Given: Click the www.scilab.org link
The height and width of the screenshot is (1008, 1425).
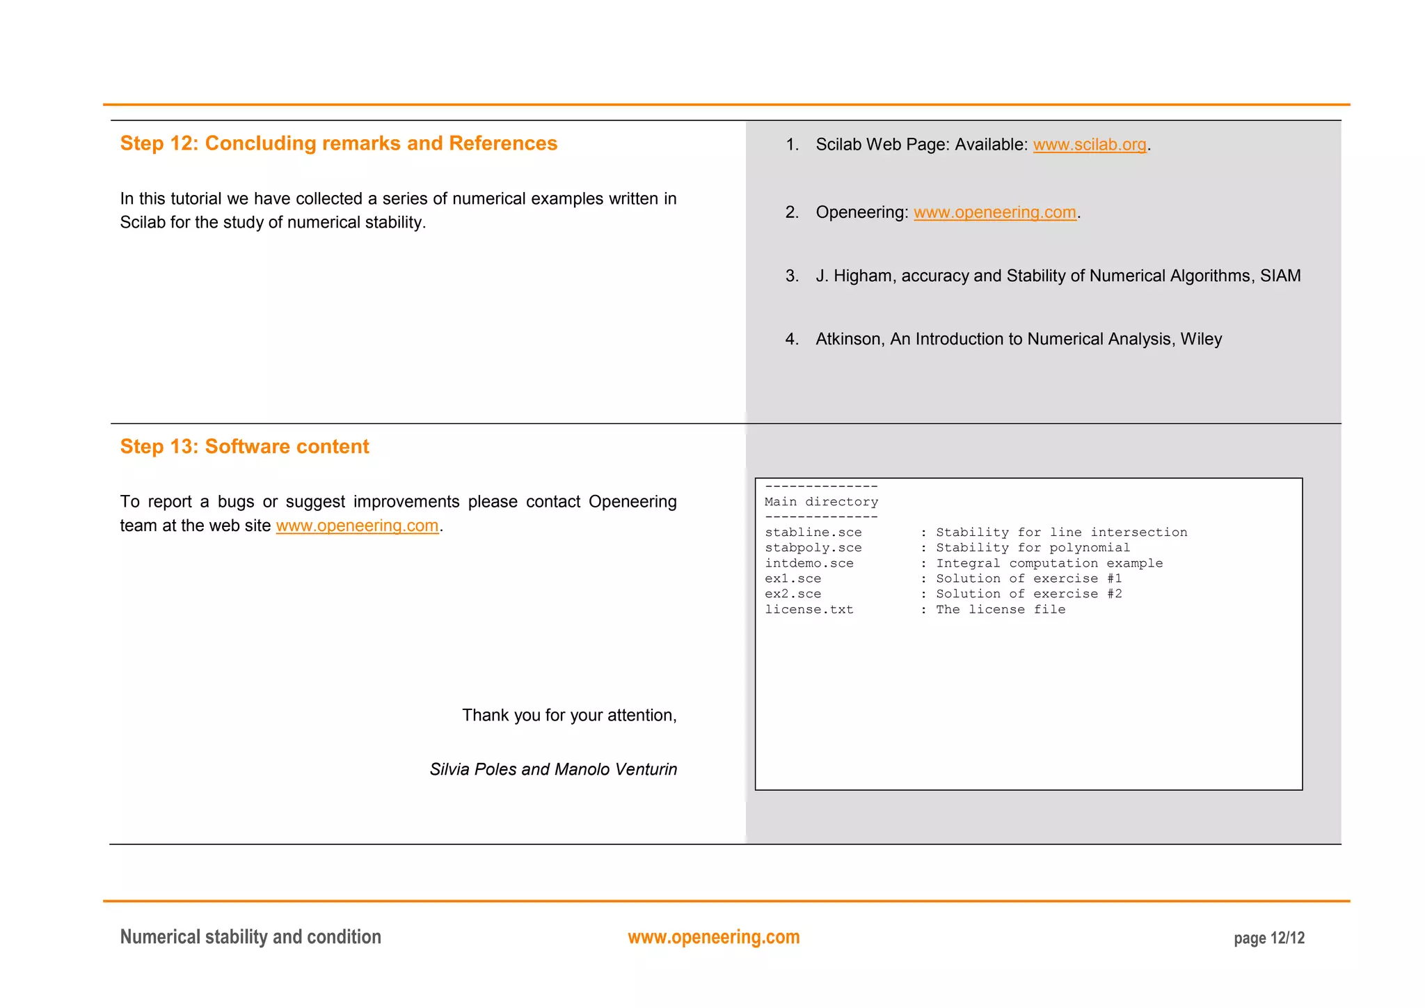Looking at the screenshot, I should [x=1089, y=145].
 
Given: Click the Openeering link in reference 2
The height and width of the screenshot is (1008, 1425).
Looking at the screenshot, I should [x=994, y=212].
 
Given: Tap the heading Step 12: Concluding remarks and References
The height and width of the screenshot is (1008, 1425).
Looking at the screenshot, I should [x=338, y=143].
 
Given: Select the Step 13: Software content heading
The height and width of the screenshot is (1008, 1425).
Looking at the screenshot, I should [x=244, y=447].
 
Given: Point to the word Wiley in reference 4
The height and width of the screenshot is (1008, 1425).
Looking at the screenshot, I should [x=1200, y=339].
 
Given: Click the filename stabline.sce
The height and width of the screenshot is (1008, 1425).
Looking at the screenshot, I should [x=813, y=533].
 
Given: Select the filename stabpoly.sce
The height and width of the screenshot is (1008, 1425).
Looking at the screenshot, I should [x=813, y=548].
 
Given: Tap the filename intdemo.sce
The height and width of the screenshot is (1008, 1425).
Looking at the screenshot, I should [x=809, y=563].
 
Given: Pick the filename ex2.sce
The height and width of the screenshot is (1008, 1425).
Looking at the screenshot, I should [x=793, y=594].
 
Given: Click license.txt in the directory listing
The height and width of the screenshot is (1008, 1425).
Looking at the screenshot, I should [x=809, y=610].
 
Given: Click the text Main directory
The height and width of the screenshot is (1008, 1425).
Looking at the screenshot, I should [x=821, y=502].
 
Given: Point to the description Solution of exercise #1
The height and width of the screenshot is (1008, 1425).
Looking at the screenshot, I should [x=1028, y=578].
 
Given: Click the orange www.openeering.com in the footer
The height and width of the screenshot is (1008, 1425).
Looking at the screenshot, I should [x=713, y=937].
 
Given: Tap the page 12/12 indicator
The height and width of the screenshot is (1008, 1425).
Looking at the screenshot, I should [x=1268, y=938].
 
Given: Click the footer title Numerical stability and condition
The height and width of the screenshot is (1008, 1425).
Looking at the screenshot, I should [x=250, y=937].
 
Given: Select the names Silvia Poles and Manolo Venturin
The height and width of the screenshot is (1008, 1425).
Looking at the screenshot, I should [x=553, y=769].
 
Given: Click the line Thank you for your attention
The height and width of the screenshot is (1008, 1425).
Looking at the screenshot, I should [x=569, y=716].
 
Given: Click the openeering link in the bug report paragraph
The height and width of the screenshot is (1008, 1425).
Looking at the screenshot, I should [x=357, y=526].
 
